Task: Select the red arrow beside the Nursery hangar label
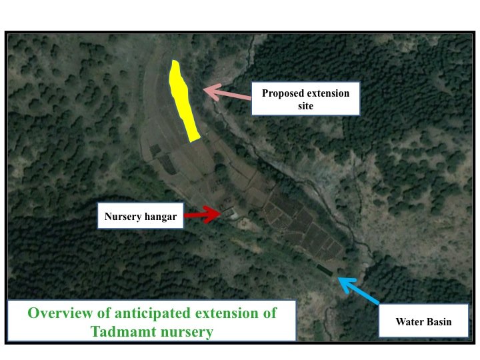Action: pyautogui.click(x=203, y=214)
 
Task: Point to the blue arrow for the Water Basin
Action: pyautogui.click(x=358, y=291)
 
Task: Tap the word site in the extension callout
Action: pyautogui.click(x=305, y=106)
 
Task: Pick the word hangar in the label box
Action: pyautogui.click(x=161, y=217)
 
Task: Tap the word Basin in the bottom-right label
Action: pyautogui.click(x=438, y=322)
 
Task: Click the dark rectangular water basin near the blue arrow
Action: pyautogui.click(x=324, y=270)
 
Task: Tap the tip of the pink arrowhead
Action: pyautogui.click(x=204, y=89)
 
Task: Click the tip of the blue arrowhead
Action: pyautogui.click(x=337, y=277)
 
